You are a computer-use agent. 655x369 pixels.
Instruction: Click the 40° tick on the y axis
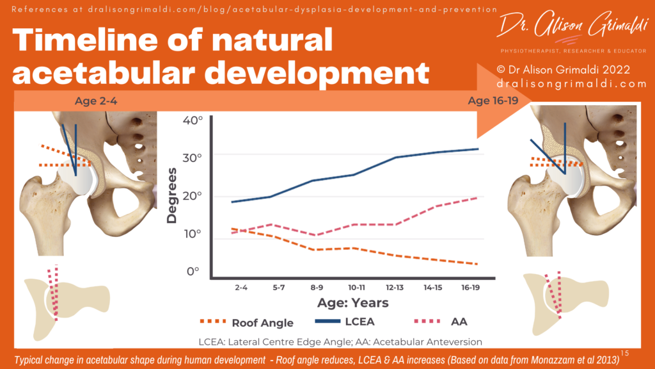(192, 120)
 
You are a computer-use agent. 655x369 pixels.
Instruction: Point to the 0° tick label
(193, 271)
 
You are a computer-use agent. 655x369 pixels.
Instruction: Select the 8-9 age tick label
(317, 288)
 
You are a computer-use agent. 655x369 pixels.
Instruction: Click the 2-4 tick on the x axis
(241, 288)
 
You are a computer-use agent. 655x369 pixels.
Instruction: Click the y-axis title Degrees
(171, 195)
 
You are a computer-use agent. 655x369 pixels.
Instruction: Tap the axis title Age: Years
(353, 302)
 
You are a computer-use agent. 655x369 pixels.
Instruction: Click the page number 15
(625, 353)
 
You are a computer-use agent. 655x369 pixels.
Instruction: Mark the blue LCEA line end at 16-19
(478, 149)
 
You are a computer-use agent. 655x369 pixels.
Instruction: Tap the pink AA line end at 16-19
(478, 197)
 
